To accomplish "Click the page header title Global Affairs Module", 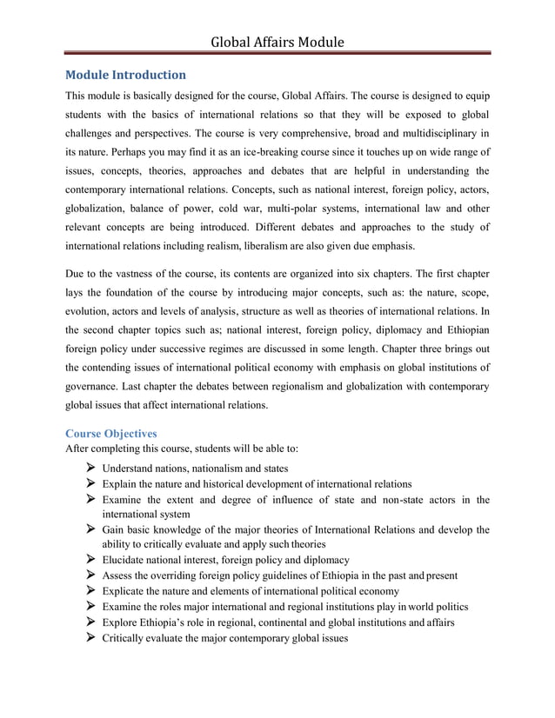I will pos(277,42).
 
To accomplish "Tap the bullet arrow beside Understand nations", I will pos(89,469).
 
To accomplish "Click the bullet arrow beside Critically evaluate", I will pos(89,638).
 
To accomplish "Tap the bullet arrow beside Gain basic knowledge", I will pos(89,530).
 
